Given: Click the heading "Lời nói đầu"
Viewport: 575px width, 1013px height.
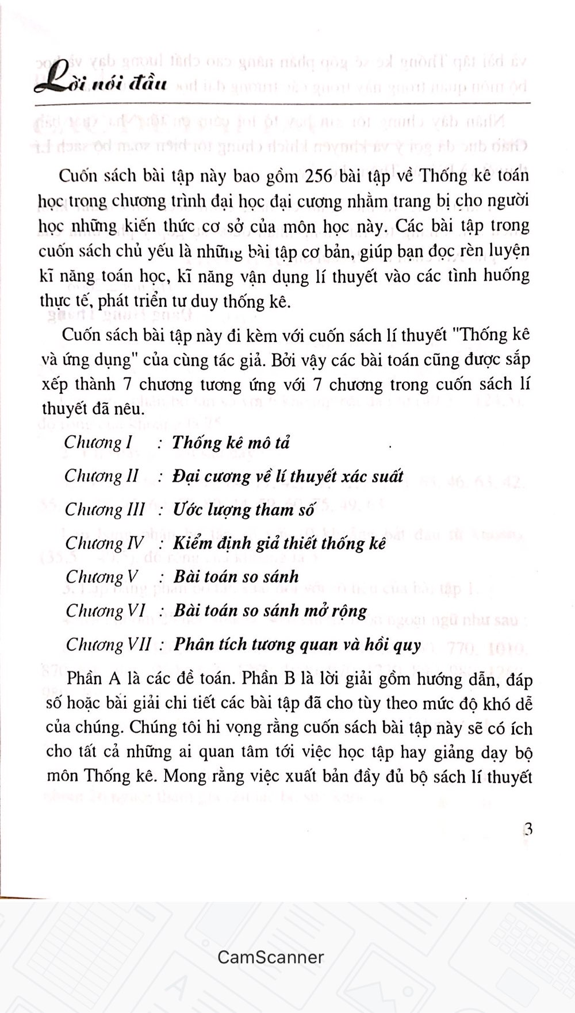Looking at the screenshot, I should click(101, 82).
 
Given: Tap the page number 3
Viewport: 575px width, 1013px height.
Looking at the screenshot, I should click(527, 830).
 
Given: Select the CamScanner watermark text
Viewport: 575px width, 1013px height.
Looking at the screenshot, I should click(271, 957).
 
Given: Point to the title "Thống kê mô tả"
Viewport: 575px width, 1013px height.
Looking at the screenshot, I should click(231, 443).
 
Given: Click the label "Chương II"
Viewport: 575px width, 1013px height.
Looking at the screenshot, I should click(101, 476).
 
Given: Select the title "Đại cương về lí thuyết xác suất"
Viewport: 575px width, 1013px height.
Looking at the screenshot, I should click(288, 477).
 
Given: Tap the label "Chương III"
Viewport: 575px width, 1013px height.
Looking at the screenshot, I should click(104, 510).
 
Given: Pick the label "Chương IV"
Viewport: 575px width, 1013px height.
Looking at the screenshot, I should click(104, 543).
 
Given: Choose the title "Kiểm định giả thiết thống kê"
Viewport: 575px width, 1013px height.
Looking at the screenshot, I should click(279, 543).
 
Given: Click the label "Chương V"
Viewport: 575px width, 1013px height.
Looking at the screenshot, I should click(102, 577).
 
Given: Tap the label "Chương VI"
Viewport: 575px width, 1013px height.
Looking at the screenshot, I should click(105, 611).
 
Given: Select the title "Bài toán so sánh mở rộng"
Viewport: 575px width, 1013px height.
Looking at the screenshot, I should click(270, 611).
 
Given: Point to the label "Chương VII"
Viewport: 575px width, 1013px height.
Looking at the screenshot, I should click(108, 644).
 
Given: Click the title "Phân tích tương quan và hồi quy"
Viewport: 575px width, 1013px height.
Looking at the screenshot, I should click(297, 644).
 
